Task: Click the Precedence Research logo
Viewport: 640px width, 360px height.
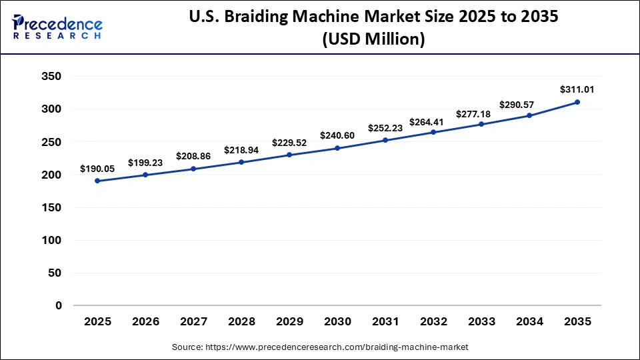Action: click(x=57, y=27)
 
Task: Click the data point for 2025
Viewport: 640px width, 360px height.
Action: click(x=97, y=181)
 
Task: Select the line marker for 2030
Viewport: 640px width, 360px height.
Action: click(x=337, y=148)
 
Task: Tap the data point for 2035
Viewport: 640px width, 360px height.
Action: click(x=577, y=102)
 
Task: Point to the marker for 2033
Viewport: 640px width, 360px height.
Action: click(x=481, y=124)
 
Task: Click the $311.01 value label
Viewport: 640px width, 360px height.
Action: click(x=577, y=89)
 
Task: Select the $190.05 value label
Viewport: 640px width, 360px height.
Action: click(x=97, y=169)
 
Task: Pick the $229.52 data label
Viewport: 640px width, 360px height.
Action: click(x=289, y=143)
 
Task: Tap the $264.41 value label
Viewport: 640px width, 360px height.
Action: click(x=433, y=121)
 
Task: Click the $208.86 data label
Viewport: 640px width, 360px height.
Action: click(x=193, y=156)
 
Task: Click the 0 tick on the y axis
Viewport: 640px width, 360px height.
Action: click(x=59, y=305)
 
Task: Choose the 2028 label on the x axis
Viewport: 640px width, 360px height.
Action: click(x=241, y=322)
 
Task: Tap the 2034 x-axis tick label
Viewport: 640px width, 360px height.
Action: click(x=529, y=322)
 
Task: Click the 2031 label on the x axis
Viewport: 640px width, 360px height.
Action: click(x=385, y=322)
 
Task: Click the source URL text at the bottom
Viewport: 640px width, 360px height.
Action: click(x=320, y=347)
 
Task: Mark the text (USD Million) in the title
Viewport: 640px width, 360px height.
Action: click(x=373, y=39)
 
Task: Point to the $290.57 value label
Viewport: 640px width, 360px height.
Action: click(x=529, y=105)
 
